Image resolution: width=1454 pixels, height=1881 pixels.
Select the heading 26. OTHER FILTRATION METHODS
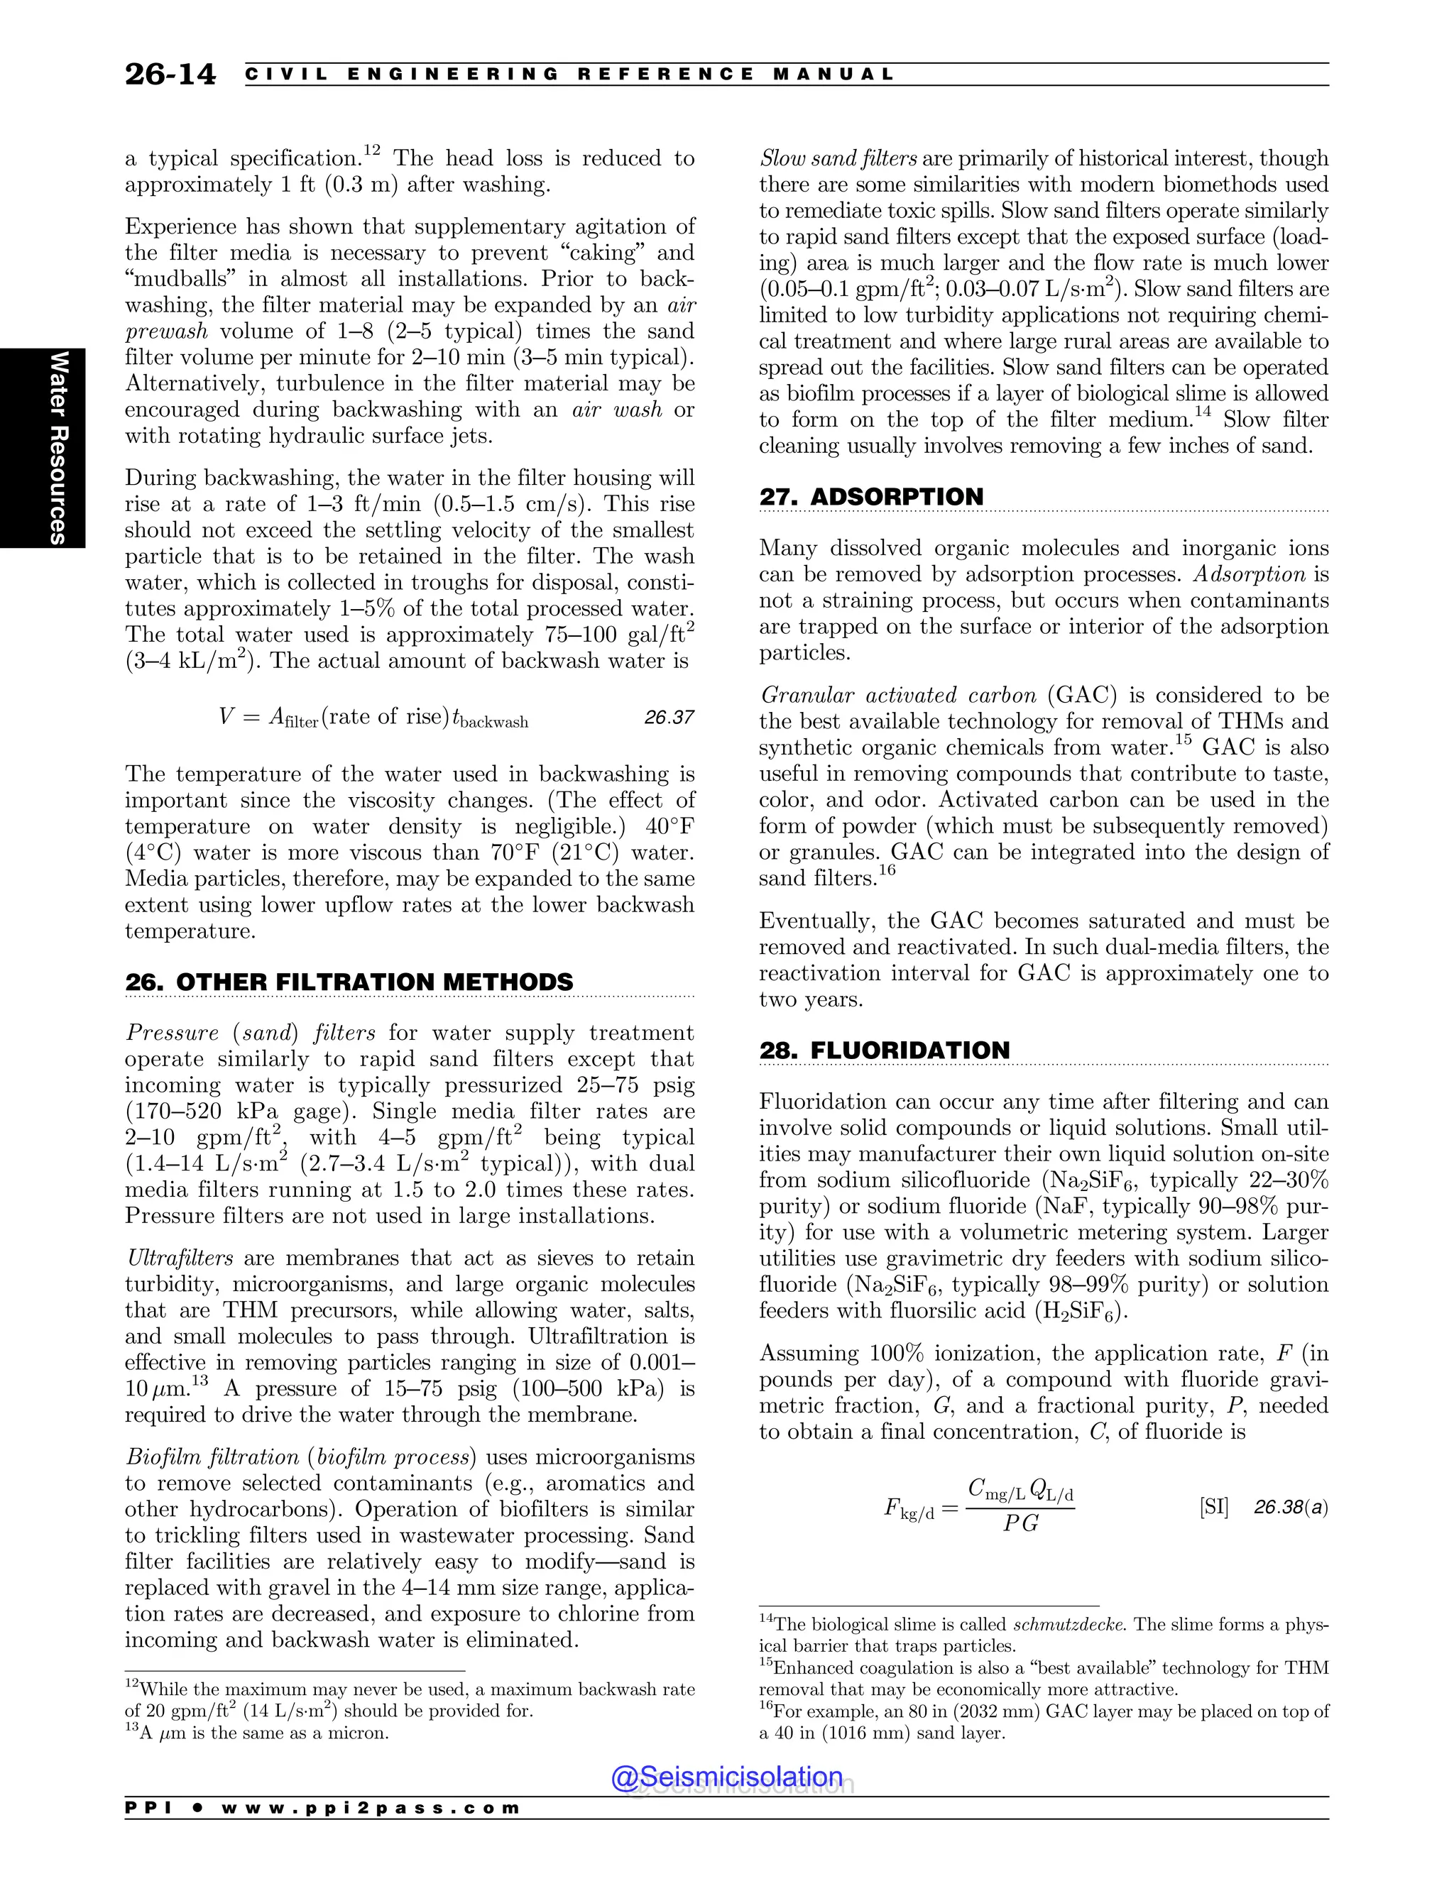(349, 982)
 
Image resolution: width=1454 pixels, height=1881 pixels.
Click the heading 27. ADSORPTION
(871, 497)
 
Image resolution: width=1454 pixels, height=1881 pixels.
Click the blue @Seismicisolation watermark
(727, 1777)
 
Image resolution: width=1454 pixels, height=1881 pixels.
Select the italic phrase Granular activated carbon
(897, 695)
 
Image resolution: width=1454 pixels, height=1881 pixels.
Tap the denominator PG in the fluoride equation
(1021, 1523)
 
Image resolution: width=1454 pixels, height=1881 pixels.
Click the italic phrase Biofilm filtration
(211, 1457)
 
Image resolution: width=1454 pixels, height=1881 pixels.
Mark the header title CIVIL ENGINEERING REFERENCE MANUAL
(570, 74)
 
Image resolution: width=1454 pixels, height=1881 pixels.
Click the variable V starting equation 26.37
(226, 717)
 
